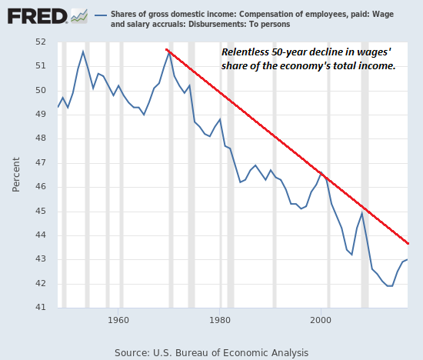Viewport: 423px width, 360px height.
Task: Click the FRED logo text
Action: [35, 15]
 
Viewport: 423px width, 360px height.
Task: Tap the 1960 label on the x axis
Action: [118, 318]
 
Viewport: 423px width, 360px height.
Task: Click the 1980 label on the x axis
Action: [220, 318]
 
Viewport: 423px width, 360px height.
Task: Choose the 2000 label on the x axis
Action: [321, 318]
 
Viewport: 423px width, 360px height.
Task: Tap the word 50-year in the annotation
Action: [295, 52]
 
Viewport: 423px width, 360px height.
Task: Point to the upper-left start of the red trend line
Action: [167, 50]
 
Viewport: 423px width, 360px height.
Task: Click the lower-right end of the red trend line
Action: [408, 243]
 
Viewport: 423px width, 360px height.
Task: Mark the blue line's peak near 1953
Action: [83, 52]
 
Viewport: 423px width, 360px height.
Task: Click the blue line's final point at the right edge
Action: [408, 259]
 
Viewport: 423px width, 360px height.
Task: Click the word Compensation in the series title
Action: [268, 14]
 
